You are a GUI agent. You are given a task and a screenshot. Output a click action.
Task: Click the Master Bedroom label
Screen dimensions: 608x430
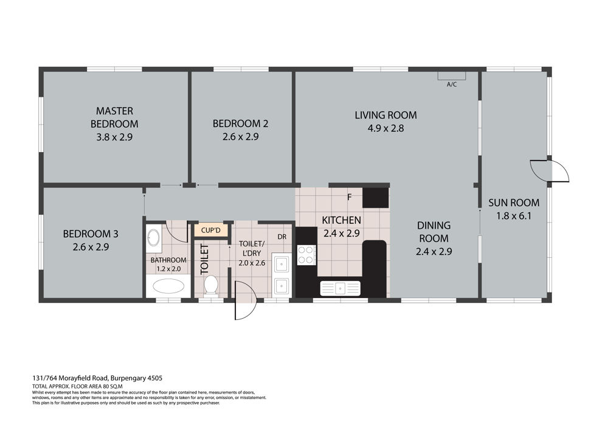(x=114, y=117)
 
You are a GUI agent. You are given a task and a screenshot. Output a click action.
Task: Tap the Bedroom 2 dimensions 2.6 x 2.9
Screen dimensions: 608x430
(x=240, y=137)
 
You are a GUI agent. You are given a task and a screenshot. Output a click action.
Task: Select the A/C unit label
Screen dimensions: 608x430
(x=452, y=84)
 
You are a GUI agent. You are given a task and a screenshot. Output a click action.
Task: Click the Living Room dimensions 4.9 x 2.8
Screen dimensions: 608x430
(x=386, y=128)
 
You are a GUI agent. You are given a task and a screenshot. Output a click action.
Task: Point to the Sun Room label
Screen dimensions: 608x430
(x=514, y=203)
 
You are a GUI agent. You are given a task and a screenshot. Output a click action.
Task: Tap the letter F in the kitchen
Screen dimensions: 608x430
(x=349, y=197)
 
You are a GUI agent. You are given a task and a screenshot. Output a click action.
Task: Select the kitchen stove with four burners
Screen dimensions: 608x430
(x=306, y=255)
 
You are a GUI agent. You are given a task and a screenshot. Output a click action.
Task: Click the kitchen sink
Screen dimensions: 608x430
(x=340, y=288)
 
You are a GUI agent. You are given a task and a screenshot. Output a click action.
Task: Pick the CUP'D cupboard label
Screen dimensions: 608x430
(x=210, y=231)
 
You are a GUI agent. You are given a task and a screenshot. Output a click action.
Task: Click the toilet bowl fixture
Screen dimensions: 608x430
(x=211, y=285)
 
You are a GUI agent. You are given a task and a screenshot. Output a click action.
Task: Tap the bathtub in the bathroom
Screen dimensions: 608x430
(x=168, y=286)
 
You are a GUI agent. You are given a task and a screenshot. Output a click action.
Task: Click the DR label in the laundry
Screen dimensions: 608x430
(x=282, y=237)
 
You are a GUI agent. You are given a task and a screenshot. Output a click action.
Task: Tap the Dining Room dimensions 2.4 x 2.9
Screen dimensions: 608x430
(x=434, y=252)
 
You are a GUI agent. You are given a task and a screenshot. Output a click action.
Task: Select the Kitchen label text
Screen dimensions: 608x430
(x=341, y=220)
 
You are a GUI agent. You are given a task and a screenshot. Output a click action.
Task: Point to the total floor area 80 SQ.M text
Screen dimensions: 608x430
(x=77, y=387)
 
